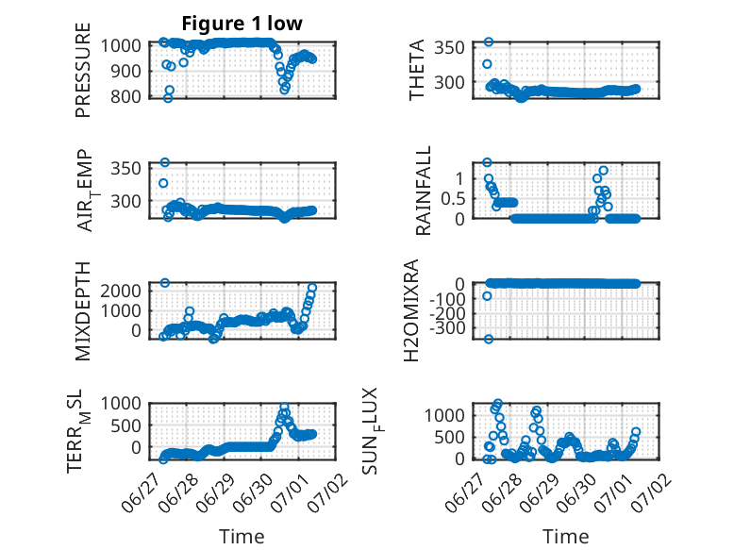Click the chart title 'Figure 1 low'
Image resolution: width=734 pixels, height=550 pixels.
pyautogui.click(x=242, y=24)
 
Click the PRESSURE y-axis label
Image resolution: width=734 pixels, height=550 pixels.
pyautogui.click(x=82, y=70)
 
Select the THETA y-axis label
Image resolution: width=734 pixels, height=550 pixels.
pyautogui.click(x=416, y=70)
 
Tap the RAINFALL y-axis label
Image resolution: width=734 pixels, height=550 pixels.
pyautogui.click(x=423, y=191)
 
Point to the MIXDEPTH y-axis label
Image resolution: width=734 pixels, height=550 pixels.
pyautogui.click(x=82, y=311)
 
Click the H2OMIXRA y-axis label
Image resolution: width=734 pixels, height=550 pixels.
pyautogui.click(x=411, y=310)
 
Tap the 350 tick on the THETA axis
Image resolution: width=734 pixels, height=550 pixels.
pyautogui.click(x=449, y=47)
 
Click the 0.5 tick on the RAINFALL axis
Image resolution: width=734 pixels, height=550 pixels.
pyautogui.click(x=453, y=198)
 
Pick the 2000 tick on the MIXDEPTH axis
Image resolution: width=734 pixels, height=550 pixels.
pyautogui.click(x=121, y=291)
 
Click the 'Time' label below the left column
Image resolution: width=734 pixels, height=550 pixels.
pyautogui.click(x=242, y=536)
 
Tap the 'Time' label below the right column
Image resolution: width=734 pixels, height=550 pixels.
pyautogui.click(x=566, y=536)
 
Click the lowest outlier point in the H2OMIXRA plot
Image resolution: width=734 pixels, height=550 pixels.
pyautogui.click(x=489, y=339)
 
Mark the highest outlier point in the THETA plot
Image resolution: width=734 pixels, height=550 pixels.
pyautogui.click(x=489, y=42)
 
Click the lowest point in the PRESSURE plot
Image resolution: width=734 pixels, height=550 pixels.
pyautogui.click(x=168, y=98)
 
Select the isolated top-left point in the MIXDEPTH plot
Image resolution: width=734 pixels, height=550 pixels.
pyautogui.click(x=165, y=283)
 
